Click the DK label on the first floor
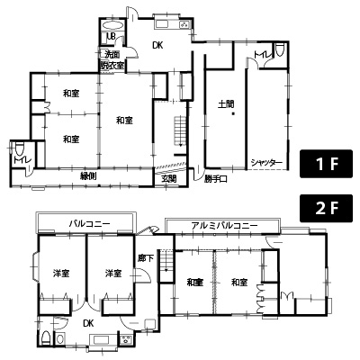pyautogui.click(x=157, y=45)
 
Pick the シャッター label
pyautogui.click(x=267, y=162)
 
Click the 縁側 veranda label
pyautogui.click(x=87, y=175)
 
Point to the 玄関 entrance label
pyautogui.click(x=169, y=178)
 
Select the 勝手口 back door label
pyautogui.click(x=212, y=178)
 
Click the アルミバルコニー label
pyautogui.click(x=223, y=225)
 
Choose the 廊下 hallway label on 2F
pyautogui.click(x=147, y=260)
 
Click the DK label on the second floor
pyautogui.click(x=88, y=321)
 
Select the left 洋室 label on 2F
pyautogui.click(x=61, y=274)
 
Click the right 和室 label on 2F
pyautogui.click(x=238, y=283)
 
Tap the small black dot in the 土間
pyautogui.click(x=231, y=114)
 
